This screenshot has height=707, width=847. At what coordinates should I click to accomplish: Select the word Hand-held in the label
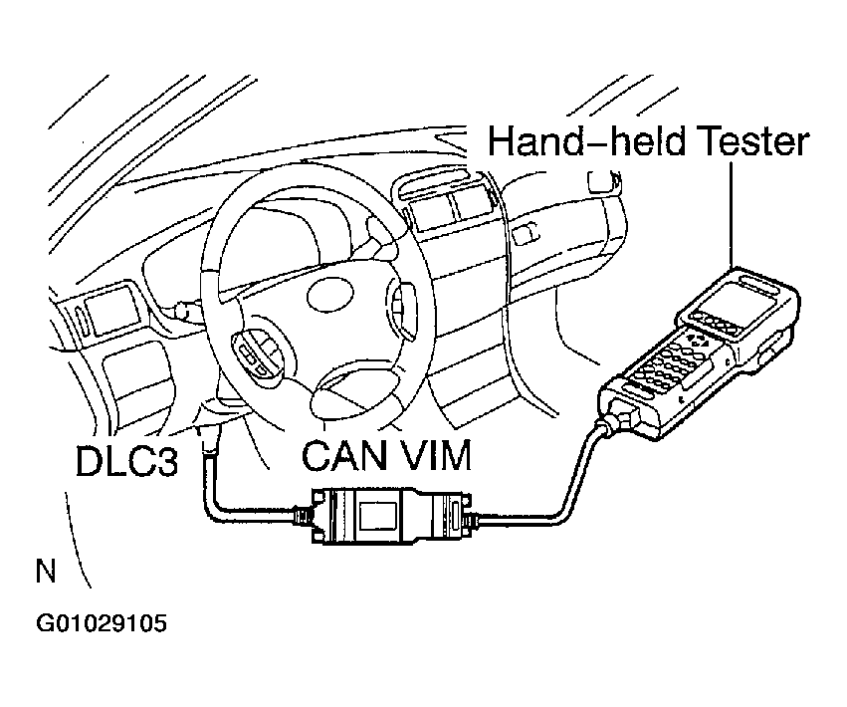573,141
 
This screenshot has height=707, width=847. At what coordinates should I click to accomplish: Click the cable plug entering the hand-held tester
614,417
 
